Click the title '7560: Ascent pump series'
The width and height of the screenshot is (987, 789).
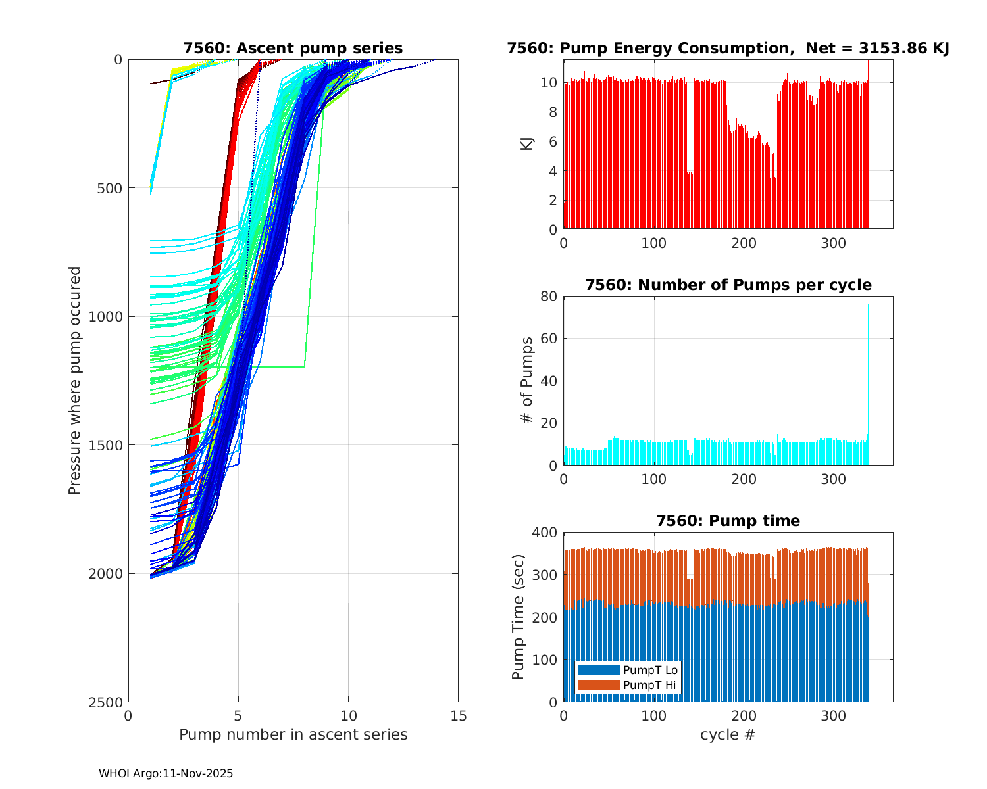(x=293, y=48)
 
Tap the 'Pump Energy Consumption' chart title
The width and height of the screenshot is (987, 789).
(x=728, y=48)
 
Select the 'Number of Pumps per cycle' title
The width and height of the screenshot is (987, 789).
(x=728, y=285)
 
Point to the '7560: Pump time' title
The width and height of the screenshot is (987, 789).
(x=728, y=521)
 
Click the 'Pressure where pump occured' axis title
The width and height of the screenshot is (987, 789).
(x=74, y=380)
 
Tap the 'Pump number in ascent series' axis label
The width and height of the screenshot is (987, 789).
(x=293, y=734)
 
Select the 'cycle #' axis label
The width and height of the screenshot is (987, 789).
(x=728, y=734)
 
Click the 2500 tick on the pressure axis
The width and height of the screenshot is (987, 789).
(x=108, y=702)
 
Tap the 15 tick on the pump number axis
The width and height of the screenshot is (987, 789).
(x=458, y=716)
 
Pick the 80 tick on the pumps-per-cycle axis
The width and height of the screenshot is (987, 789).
(x=549, y=297)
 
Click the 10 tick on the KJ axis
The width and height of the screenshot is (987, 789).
(x=549, y=82)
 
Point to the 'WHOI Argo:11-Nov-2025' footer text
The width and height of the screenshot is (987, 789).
(x=166, y=773)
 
